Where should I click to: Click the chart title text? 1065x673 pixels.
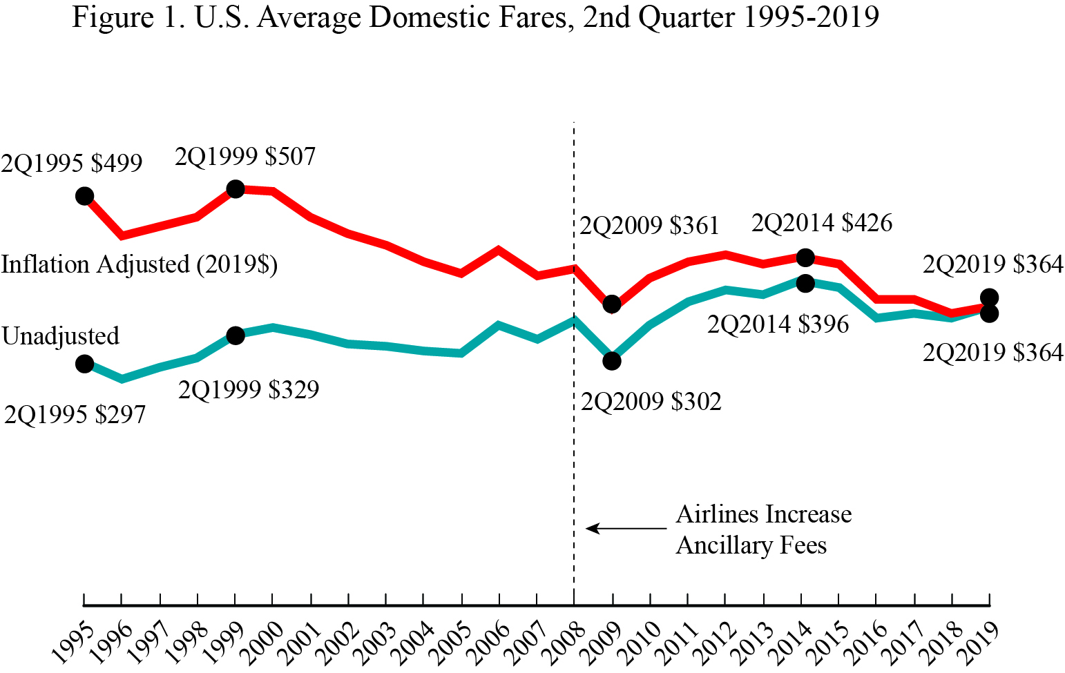click(x=475, y=17)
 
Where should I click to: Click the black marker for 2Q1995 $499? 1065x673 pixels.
click(x=84, y=196)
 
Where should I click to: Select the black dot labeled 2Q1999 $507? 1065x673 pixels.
click(x=236, y=188)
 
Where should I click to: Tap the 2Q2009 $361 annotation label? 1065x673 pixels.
click(x=649, y=226)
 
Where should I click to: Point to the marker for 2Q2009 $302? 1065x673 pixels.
click(x=612, y=361)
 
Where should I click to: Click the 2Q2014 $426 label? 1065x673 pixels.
click(x=822, y=223)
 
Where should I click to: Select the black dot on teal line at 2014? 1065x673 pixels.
click(x=805, y=283)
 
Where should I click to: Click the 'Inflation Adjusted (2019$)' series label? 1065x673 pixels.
click(x=139, y=265)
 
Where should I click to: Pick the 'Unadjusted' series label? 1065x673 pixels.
click(x=61, y=336)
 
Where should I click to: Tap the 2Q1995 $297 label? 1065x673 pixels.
click(x=75, y=415)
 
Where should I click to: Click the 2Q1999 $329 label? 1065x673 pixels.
click(x=249, y=390)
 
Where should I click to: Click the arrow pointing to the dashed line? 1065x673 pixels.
click(x=625, y=529)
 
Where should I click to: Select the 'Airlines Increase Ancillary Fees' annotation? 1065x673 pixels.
click(x=762, y=529)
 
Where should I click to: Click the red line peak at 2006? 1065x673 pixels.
click(x=499, y=248)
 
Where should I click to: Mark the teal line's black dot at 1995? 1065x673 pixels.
click(x=84, y=364)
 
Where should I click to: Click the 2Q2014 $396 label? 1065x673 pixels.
click(x=778, y=324)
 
